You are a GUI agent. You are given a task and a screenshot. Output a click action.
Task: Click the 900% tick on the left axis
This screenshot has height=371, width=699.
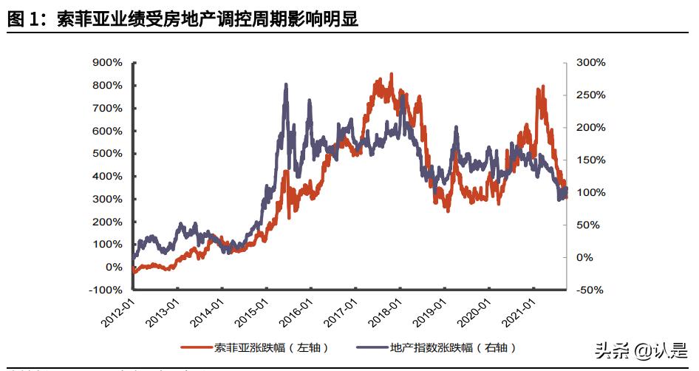106,63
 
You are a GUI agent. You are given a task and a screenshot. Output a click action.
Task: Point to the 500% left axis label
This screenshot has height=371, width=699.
106,154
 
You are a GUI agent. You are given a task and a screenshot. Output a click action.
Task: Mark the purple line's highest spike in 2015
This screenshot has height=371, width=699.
286,85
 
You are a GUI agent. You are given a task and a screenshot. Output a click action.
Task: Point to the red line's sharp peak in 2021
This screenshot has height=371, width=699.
543,86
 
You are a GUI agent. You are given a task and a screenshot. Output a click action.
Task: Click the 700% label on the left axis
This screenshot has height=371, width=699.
106,108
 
